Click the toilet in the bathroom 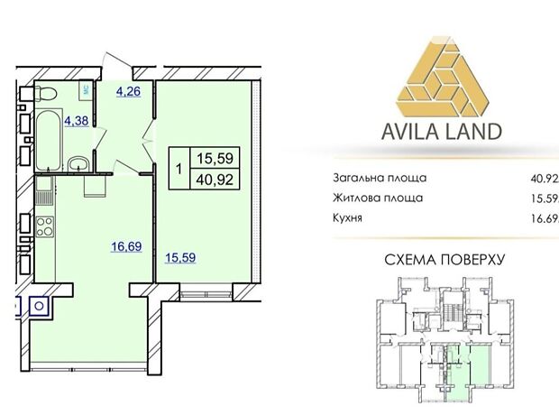point(48,94)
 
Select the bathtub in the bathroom point(49,140)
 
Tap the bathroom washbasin point(78,164)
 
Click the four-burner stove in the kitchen point(45,226)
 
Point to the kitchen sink point(44,191)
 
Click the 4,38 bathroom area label point(77,121)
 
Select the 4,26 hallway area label point(128,92)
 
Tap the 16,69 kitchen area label point(126,246)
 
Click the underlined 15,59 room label point(180,258)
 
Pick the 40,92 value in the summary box point(215,180)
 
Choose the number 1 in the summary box point(179,169)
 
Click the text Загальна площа point(380,178)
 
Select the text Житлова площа point(378,198)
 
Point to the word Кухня point(347,217)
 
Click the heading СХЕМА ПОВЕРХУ point(444,260)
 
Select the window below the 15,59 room point(206,294)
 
